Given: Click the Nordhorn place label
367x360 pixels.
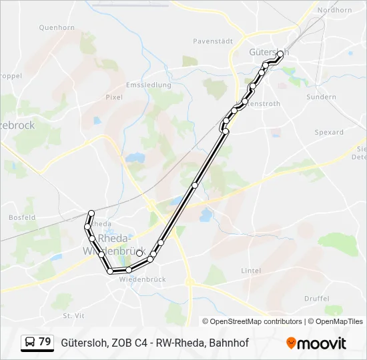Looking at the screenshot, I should point(335,10).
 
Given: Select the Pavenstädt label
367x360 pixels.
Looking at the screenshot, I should point(213,41).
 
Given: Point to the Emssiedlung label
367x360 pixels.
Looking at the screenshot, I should point(149,85).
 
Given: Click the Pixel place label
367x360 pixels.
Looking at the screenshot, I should point(114,97).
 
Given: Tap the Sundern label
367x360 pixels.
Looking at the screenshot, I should point(321,97).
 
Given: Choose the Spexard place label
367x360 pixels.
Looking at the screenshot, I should point(329,132).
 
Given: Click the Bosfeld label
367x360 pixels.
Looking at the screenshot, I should point(22,217).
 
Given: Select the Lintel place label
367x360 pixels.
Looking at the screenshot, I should point(251,271).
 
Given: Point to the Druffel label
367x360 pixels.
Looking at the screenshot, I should point(316,298).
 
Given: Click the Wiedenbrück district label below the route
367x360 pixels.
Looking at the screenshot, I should point(141,280).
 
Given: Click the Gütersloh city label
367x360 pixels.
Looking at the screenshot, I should point(268,51).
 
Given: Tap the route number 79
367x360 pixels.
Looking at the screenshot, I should point(45,342).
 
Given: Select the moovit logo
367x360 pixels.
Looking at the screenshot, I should point(316,343).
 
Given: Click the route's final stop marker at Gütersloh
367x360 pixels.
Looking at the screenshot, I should point(280,56).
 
